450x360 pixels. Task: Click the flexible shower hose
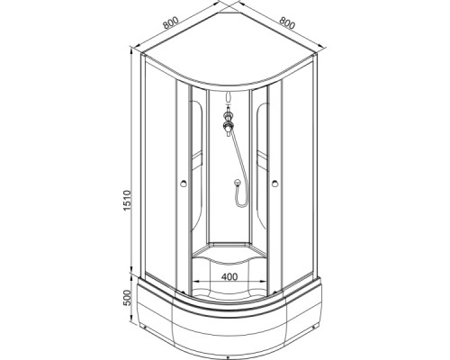pos(238,157)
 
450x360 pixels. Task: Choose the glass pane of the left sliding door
pos(166,180)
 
